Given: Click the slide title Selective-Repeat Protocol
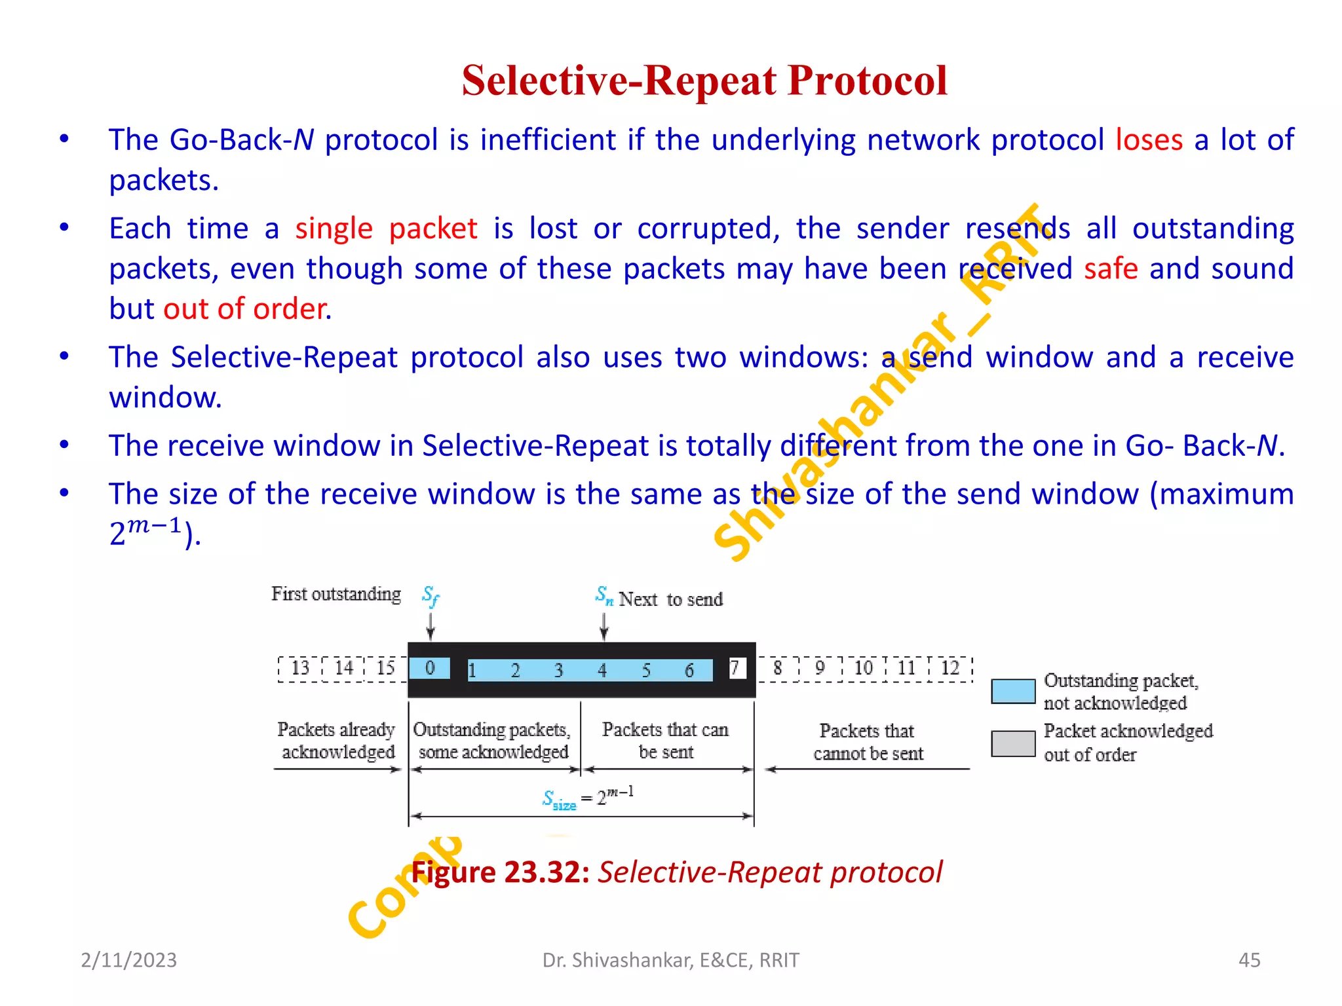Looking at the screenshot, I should pyautogui.click(x=704, y=81).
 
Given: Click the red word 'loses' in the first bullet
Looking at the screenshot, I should pyautogui.click(x=1149, y=140).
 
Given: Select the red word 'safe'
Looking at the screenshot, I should pyautogui.click(x=1111, y=269).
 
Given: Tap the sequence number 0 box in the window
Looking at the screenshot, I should pyautogui.click(x=430, y=668).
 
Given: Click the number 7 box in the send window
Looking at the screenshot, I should pyautogui.click(x=737, y=668).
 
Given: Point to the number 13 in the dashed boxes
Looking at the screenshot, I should pyautogui.click(x=300, y=668).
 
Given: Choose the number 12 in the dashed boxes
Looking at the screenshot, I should pyautogui.click(x=949, y=668).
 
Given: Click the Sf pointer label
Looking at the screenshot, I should pyautogui.click(x=431, y=595).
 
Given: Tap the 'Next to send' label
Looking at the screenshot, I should pyautogui.click(x=670, y=599).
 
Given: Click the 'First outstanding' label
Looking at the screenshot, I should pyautogui.click(x=336, y=594).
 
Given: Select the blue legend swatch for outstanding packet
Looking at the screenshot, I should pyautogui.click(x=1013, y=692).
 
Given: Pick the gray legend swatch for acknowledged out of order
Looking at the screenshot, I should pyautogui.click(x=1013, y=743).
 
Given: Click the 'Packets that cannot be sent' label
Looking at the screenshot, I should pyautogui.click(x=868, y=742).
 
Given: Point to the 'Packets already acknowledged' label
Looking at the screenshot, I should pyautogui.click(x=337, y=741).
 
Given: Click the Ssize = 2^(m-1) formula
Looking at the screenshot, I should pyautogui.click(x=588, y=797).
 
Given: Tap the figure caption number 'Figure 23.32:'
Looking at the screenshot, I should pyautogui.click(x=501, y=872).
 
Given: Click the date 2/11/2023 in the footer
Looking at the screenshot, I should pyautogui.click(x=129, y=959).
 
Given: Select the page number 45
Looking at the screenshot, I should pyautogui.click(x=1249, y=959).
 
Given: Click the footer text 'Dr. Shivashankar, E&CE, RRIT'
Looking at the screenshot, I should pyautogui.click(x=671, y=959).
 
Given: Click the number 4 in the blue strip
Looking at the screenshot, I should pyautogui.click(x=602, y=670).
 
